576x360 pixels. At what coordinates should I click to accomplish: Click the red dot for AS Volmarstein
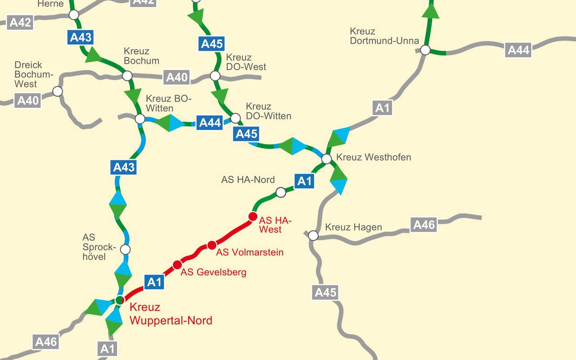212,245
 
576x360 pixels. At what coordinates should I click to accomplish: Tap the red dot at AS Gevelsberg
177,265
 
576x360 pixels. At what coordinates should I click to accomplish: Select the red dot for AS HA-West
253,216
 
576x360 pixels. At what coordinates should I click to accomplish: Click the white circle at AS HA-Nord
281,193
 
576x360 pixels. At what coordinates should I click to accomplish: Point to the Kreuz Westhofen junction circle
327,158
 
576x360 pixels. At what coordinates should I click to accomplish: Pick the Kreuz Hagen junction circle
313,235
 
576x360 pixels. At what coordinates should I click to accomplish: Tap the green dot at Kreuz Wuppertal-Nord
119,300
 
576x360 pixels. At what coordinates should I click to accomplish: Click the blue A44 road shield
210,122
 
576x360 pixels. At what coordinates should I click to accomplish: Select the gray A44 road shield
519,49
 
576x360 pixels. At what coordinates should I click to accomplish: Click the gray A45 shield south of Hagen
325,292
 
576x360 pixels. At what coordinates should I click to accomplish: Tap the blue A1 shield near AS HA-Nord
305,181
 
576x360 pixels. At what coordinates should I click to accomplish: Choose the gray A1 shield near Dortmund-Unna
382,108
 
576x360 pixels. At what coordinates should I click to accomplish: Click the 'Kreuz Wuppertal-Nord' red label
171,314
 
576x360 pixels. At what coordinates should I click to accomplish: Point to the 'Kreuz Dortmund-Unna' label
384,36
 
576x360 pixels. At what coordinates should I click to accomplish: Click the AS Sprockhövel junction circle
126,249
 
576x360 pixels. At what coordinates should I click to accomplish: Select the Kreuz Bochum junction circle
127,76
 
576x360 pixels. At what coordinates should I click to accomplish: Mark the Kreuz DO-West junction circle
216,76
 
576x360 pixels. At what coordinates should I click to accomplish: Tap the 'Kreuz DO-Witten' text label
268,111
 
